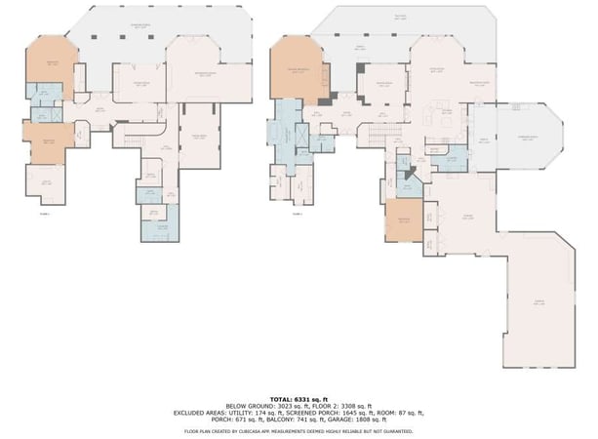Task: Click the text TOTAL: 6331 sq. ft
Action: pyautogui.click(x=299, y=399)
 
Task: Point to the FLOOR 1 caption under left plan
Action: pyautogui.click(x=45, y=213)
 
